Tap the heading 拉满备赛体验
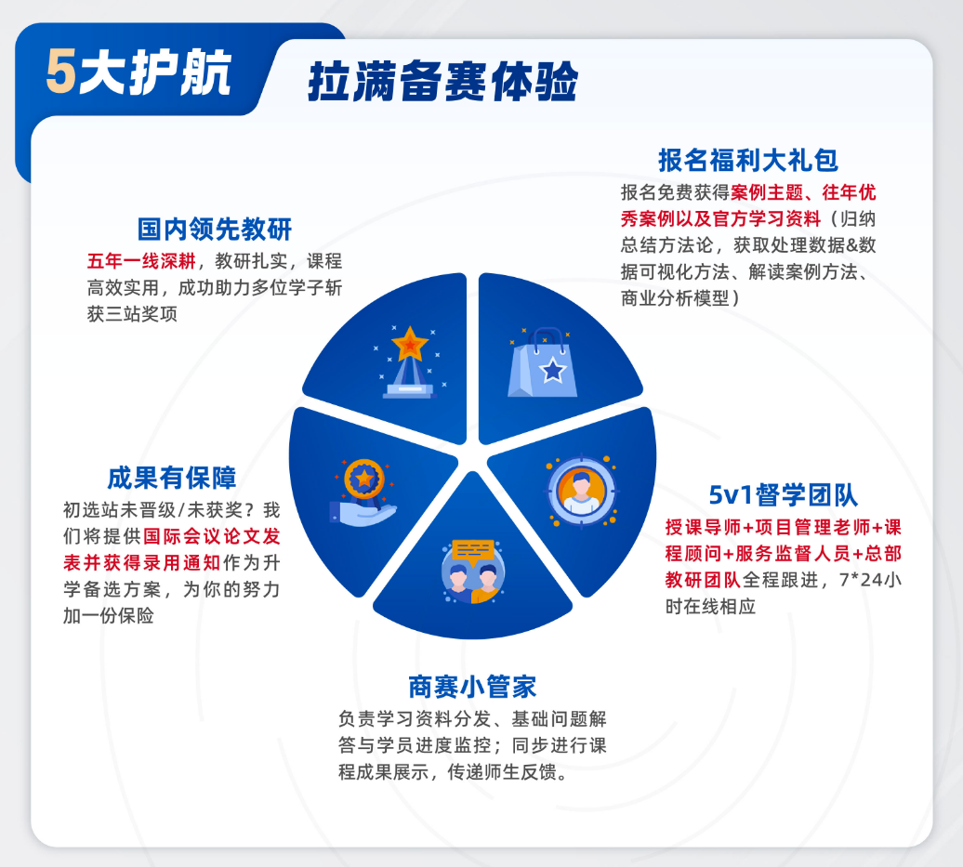coord(442,81)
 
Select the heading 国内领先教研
coord(215,229)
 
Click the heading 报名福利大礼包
coord(748,160)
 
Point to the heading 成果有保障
coord(172,478)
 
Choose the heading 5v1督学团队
coord(783,495)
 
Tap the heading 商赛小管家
coord(472,687)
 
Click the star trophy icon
coord(409,362)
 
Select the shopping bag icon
coord(542,363)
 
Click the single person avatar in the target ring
coord(581,492)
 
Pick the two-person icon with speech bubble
coord(472,571)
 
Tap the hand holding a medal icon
coord(363,493)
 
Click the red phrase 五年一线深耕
coord(142,261)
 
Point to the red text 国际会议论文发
coord(212,536)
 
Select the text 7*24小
coord(870,580)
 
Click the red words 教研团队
coord(704,580)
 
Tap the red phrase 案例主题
coord(767,192)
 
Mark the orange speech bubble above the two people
coord(473,552)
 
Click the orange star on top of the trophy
coord(410,344)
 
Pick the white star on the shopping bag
coord(553,370)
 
